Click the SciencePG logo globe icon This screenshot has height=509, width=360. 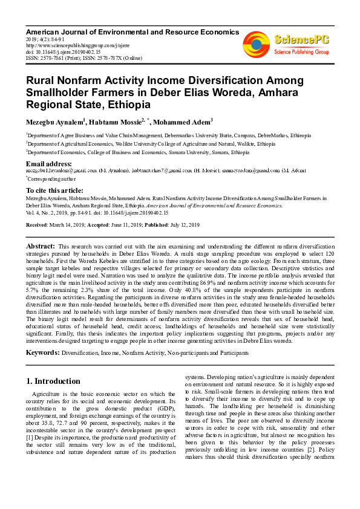coord(257,43)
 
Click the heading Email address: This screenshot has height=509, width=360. coord(49,164)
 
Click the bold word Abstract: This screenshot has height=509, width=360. coord(41,247)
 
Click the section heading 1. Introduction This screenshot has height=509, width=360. coord(54,381)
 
